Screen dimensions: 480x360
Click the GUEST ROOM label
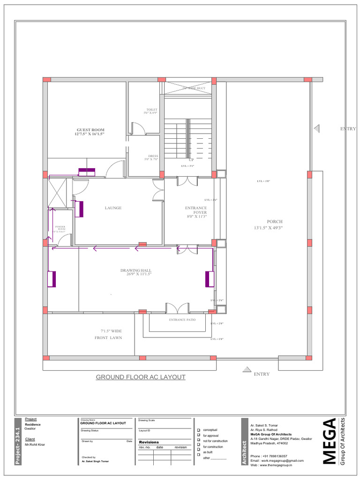click(x=90, y=130)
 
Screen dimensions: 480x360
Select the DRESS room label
click(x=153, y=156)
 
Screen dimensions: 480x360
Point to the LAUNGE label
click(x=113, y=208)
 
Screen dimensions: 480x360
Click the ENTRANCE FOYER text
click(x=196, y=210)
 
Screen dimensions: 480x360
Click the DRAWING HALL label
click(x=135, y=270)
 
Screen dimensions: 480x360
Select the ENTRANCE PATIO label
click(x=182, y=320)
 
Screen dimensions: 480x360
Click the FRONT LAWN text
click(x=108, y=337)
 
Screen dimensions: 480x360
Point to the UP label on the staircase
click(x=191, y=160)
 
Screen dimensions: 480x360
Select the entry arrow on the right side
click(x=317, y=128)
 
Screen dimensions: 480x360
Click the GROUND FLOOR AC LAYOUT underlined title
click(x=141, y=377)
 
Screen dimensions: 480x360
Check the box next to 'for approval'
click(x=198, y=435)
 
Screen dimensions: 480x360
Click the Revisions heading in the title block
click(x=149, y=442)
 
